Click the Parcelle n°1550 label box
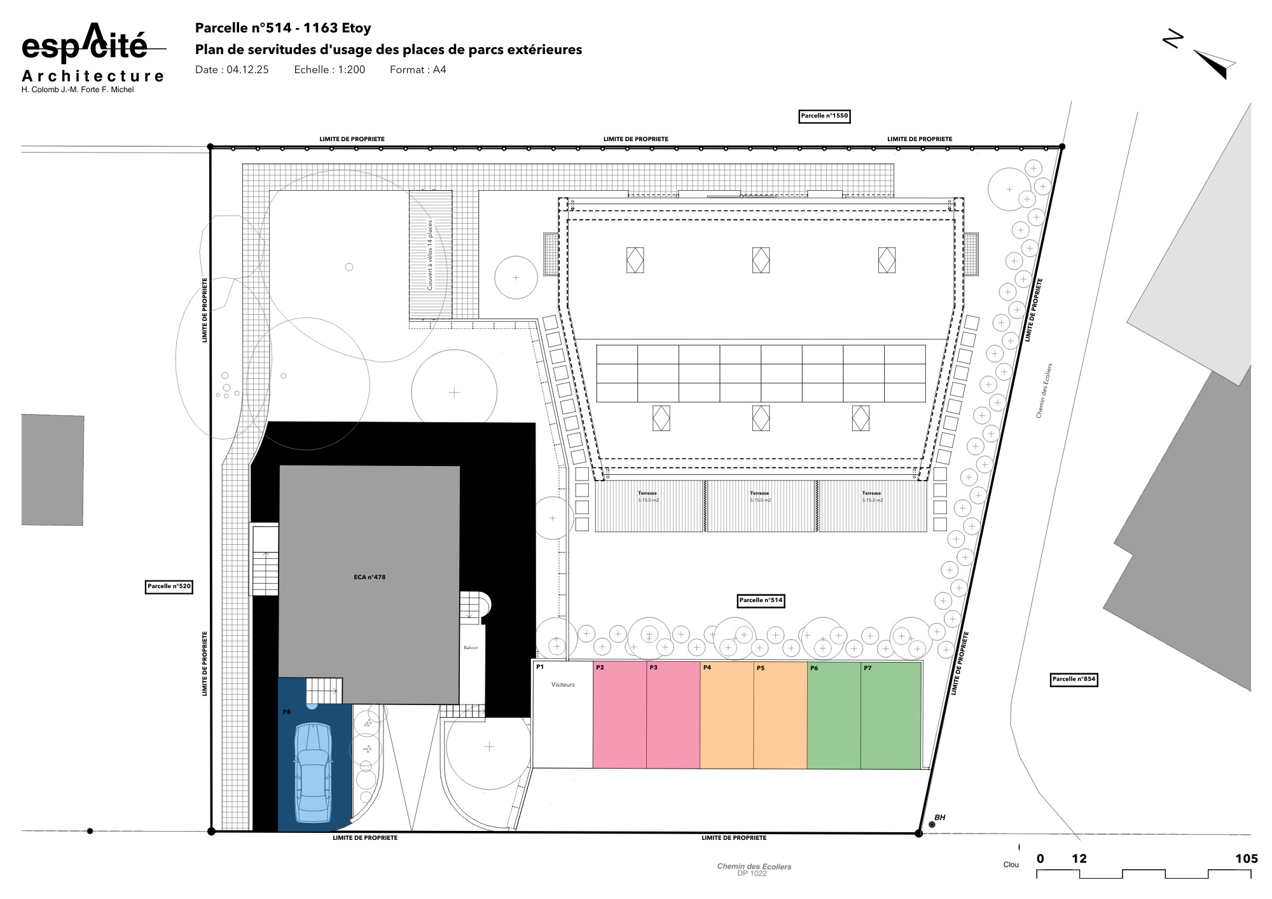[x=824, y=116]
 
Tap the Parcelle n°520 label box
[x=169, y=587]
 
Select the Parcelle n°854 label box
[x=1074, y=680]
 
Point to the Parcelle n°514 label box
[x=761, y=601]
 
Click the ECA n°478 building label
[x=370, y=577]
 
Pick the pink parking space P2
[x=619, y=715]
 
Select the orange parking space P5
[x=780, y=715]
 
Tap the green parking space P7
[x=890, y=715]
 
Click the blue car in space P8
[x=313, y=772]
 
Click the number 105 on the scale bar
[x=1246, y=859]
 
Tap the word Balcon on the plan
[x=471, y=648]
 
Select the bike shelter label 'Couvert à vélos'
[x=430, y=255]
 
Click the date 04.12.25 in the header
[x=247, y=70]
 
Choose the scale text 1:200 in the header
[x=351, y=70]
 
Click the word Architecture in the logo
[x=93, y=76]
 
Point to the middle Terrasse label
[x=759, y=493]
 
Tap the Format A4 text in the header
[x=418, y=70]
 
